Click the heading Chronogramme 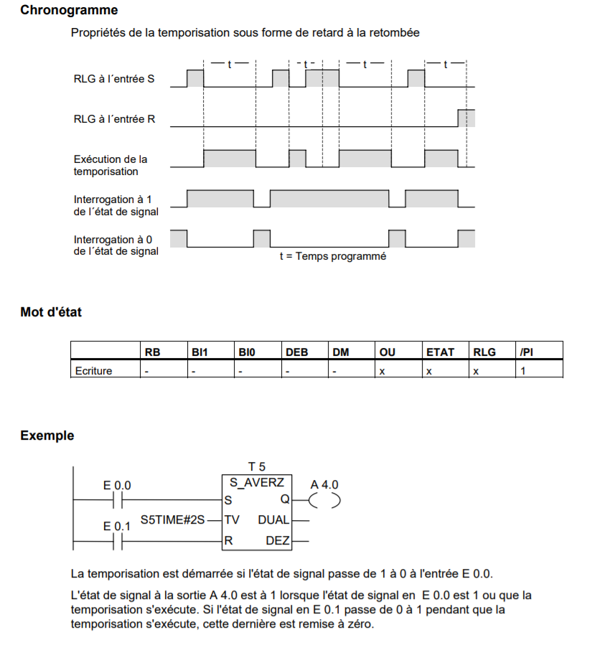click(x=69, y=11)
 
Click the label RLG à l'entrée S click(x=113, y=80)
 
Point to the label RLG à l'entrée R click(x=114, y=119)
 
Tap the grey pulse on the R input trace click(x=466, y=118)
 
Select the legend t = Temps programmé click(x=332, y=256)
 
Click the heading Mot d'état click(x=51, y=313)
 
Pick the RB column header click(x=152, y=352)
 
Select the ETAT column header click(x=440, y=352)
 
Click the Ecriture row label click(x=93, y=370)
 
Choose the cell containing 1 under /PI click(x=523, y=370)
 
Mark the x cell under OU click(x=382, y=370)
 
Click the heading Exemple click(x=47, y=436)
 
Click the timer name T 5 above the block click(x=256, y=467)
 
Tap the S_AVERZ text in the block click(x=256, y=482)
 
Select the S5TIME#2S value click(x=172, y=519)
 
